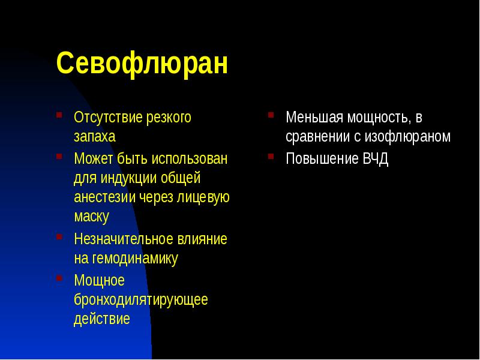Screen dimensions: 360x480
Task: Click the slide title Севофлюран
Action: [142, 64]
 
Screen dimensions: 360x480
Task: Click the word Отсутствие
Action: [107, 118]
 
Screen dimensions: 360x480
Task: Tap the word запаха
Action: [94, 137]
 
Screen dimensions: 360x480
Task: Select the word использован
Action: [190, 159]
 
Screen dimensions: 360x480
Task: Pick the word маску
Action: [91, 217]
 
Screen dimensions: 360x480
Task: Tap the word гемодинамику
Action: [135, 259]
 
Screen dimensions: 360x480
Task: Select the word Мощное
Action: [99, 280]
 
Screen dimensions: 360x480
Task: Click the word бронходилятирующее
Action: [141, 299]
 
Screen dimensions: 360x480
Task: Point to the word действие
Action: [101, 319]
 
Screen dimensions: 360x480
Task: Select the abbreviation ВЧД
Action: [376, 159]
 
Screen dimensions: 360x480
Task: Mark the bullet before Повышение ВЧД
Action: [271, 156]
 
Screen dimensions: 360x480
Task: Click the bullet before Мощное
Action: [59, 277]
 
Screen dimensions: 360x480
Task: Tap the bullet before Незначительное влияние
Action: [59, 236]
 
